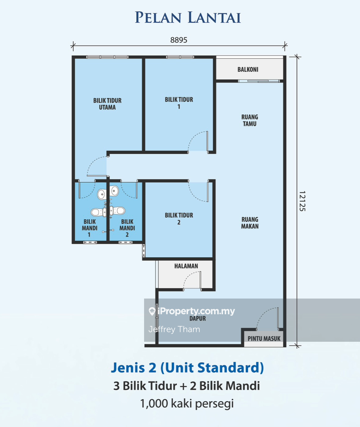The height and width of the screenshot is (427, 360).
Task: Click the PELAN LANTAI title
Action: (188, 18)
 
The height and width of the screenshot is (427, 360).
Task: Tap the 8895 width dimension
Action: (179, 40)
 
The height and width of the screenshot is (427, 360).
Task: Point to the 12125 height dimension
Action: (302, 201)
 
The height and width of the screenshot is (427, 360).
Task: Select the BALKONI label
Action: (248, 70)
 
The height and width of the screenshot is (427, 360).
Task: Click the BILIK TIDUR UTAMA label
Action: (107, 104)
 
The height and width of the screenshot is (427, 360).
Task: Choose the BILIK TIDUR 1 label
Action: (179, 103)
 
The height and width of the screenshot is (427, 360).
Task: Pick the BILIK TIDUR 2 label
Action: (179, 218)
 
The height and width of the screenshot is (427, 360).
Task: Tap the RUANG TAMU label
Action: (250, 120)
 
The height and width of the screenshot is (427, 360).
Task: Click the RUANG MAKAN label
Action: (250, 223)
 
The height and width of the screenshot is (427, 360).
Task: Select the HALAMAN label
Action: (186, 266)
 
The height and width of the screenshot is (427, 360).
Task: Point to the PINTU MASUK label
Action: (264, 339)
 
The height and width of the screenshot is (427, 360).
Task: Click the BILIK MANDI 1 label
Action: (90, 228)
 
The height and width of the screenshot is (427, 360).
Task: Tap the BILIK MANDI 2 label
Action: (127, 228)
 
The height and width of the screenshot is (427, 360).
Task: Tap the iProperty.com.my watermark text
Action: (196, 311)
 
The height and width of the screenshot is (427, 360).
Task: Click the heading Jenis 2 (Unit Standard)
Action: (187, 368)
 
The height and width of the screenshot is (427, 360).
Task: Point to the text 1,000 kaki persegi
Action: (187, 403)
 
